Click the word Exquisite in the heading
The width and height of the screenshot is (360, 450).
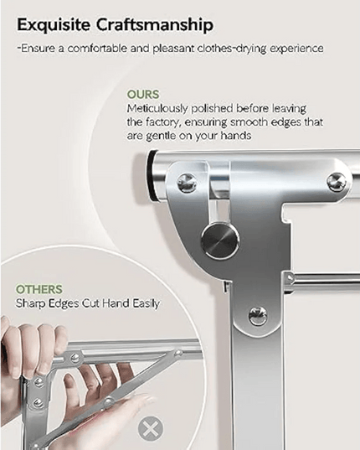54,25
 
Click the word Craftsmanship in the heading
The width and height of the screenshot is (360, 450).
155,26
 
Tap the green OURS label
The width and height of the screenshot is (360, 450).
143,95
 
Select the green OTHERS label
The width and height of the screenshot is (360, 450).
39,289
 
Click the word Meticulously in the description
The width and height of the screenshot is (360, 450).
157,109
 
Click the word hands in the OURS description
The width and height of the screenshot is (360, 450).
236,136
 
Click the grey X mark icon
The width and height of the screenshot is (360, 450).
151,429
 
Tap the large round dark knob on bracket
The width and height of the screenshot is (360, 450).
220,241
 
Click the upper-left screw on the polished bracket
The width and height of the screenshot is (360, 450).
187,183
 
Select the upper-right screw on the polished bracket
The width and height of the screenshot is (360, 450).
337,182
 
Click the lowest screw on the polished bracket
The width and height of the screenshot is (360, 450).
258,316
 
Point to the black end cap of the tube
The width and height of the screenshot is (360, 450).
152,175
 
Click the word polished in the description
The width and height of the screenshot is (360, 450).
212,109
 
